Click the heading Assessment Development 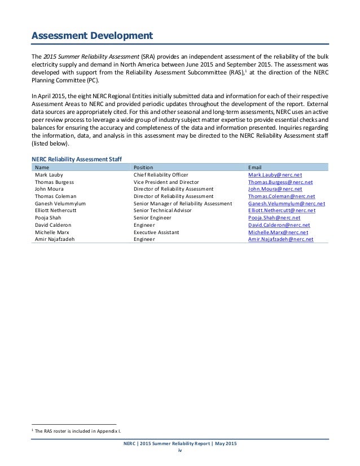(91, 37)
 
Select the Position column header (143, 168)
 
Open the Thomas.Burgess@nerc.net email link (280, 183)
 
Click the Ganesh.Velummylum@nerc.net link (286, 204)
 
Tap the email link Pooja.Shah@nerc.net (274, 218)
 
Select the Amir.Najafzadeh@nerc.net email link (281, 239)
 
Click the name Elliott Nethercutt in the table (58, 210)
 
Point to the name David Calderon (55, 225)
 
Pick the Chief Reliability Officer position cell (161, 175)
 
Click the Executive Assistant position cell (156, 232)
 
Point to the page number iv (180, 451)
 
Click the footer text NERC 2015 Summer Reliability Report (180, 444)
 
